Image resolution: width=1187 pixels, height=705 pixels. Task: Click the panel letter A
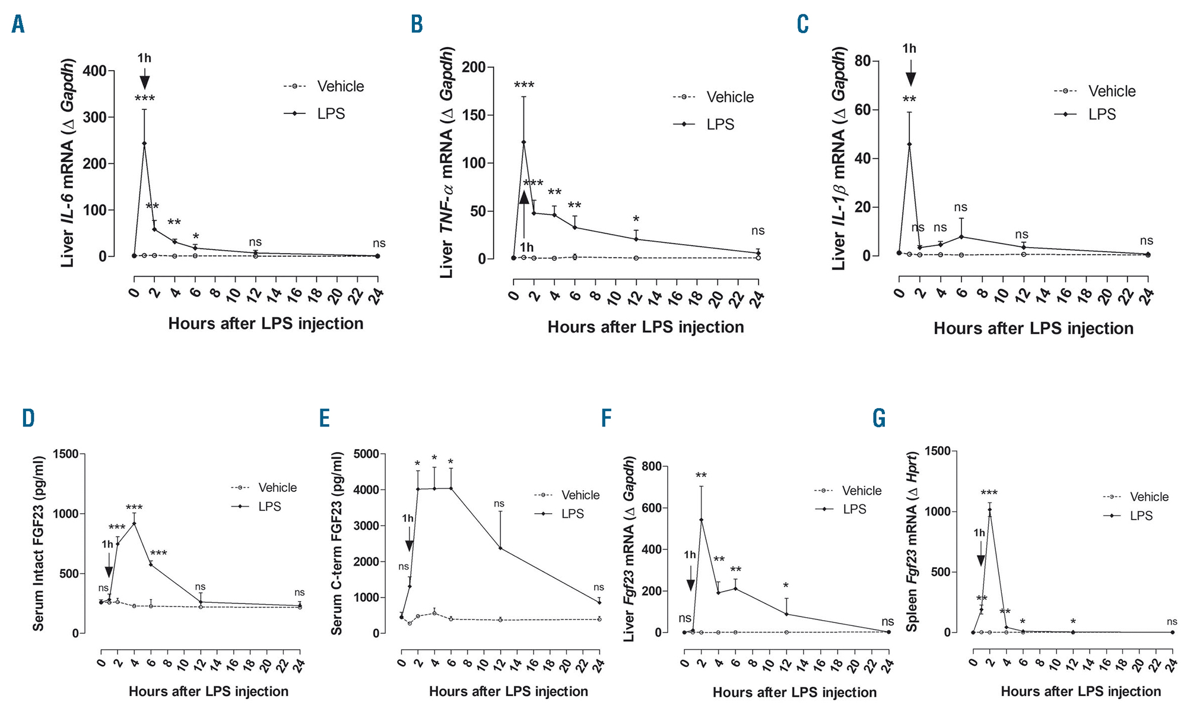tap(18, 24)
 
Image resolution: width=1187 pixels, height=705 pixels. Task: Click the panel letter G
tap(879, 418)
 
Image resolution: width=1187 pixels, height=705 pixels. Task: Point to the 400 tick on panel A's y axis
tap(94, 71)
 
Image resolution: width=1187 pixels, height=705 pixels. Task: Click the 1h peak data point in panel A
tap(144, 143)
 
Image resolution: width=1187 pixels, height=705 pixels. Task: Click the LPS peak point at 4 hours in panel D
tap(134, 523)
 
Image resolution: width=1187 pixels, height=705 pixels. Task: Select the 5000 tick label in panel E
tap(366, 454)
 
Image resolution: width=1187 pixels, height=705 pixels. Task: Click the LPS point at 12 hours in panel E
tap(500, 548)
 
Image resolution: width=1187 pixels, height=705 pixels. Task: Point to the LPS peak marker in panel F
tap(701, 520)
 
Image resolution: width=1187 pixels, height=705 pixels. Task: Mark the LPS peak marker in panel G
tap(989, 510)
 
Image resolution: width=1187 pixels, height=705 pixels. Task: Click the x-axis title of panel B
tap(645, 327)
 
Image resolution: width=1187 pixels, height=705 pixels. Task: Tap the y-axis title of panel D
tap(38, 543)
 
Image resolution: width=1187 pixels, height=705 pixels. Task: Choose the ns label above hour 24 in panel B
tap(758, 230)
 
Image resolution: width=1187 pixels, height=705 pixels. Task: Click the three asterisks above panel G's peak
tap(989, 493)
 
